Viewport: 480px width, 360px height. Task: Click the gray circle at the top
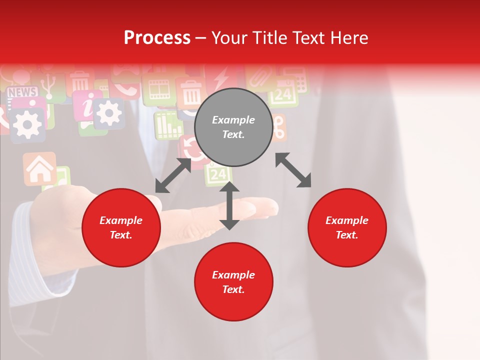[x=233, y=127]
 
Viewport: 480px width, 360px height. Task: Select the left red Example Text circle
[x=121, y=227]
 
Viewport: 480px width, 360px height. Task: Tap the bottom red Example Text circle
[x=233, y=282]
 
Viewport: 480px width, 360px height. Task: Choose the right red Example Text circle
[x=347, y=227]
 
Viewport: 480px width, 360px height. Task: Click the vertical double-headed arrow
[x=229, y=205]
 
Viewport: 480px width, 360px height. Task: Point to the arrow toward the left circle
[x=173, y=175]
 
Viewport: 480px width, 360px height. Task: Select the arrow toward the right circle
[x=293, y=170]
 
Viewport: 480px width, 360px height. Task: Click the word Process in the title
[x=157, y=38]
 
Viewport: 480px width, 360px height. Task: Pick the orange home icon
[x=39, y=169]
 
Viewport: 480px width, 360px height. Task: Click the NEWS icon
[x=22, y=92]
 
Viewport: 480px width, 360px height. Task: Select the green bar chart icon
[x=168, y=125]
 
